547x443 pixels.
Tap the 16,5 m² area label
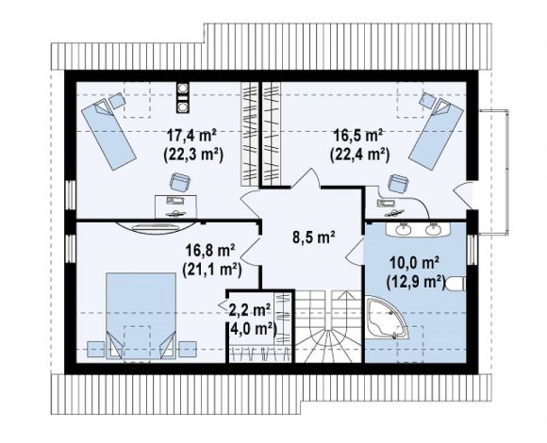point(359,135)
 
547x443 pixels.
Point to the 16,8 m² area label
point(210,251)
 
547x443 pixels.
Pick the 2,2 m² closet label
point(250,309)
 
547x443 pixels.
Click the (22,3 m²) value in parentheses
point(193,155)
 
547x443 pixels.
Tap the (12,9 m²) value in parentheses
point(416,282)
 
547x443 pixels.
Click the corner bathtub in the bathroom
point(386,318)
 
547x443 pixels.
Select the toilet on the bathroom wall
point(456,284)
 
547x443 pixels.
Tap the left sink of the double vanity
point(404,229)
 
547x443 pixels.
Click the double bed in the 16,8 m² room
point(141,316)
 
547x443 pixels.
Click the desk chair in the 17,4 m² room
point(180,182)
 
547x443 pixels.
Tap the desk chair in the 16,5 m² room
point(398,184)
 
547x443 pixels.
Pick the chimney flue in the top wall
point(182,98)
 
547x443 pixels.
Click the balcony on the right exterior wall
point(493,172)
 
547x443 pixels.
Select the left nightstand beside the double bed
point(95,349)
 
